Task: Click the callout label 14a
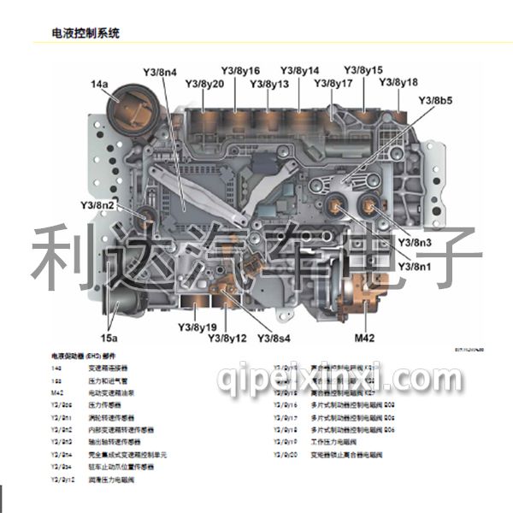[100, 84]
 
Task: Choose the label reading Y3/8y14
[299, 70]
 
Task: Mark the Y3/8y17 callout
[333, 83]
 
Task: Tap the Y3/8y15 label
[363, 70]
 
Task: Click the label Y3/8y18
[398, 82]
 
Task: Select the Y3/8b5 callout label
[435, 101]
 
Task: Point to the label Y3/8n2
[97, 205]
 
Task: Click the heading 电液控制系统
[85, 33]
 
